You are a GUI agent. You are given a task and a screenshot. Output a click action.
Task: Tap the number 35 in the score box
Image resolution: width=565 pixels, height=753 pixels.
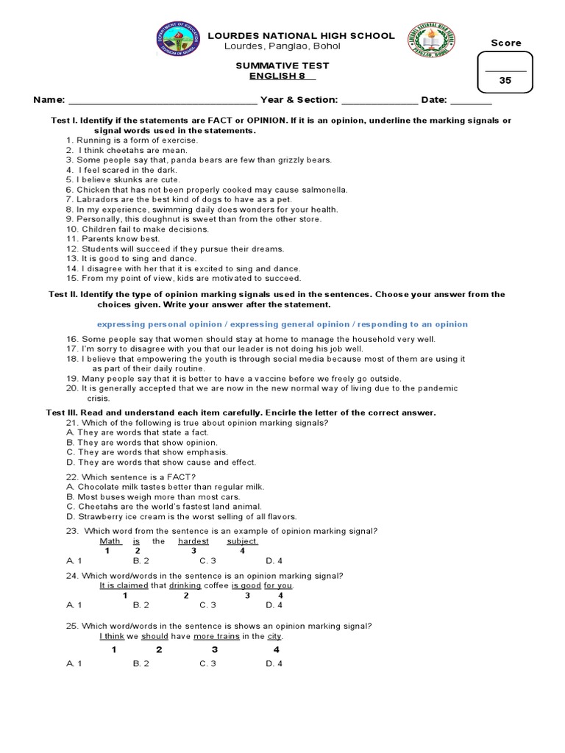[x=505, y=82]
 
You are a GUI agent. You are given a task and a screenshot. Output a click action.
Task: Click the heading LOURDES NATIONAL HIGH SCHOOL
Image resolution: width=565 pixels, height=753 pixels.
[x=302, y=36]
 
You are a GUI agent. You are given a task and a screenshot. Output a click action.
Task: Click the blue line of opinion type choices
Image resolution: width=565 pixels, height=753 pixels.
[x=282, y=324]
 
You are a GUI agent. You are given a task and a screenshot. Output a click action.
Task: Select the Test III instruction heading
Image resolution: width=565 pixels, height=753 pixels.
[x=242, y=413]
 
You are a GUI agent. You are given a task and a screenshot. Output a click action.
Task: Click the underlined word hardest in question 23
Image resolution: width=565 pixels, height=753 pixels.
[x=193, y=541]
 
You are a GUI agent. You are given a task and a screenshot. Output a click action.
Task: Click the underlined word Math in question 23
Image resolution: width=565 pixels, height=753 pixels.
[x=110, y=541]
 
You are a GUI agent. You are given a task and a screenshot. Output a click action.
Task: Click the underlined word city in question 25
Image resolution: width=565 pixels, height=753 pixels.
[x=274, y=636]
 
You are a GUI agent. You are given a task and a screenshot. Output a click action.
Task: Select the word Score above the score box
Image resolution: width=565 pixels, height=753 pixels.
[x=505, y=43]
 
